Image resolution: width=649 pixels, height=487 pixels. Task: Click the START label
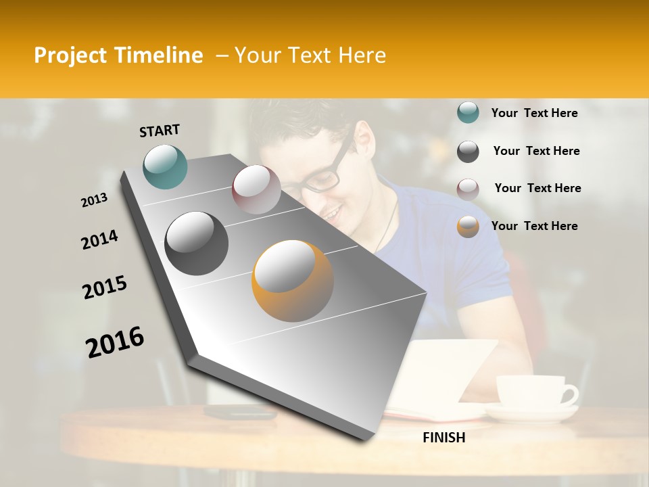point(160,131)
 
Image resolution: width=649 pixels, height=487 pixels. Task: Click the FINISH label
point(443,438)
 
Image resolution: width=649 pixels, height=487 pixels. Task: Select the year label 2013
point(95,200)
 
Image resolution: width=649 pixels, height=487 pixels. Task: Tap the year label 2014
point(99,239)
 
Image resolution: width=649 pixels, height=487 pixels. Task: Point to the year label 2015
point(105,287)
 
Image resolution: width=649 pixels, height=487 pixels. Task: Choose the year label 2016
point(115,342)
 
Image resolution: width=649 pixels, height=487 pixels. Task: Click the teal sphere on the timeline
point(166,166)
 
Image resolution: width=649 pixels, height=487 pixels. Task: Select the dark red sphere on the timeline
point(256,189)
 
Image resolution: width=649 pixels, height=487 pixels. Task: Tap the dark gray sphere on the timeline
point(197,243)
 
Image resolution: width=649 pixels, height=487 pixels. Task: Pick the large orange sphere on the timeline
point(293,281)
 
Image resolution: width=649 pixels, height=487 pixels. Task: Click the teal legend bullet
point(468,113)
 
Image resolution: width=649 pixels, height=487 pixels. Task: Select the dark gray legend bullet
point(468,152)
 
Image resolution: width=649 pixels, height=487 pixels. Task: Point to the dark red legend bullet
point(468,189)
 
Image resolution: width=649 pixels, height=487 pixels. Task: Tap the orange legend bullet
point(468,227)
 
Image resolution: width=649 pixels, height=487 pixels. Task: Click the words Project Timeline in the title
point(118,55)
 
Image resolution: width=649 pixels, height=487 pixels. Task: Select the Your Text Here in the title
point(310,55)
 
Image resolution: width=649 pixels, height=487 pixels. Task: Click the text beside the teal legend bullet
point(534,113)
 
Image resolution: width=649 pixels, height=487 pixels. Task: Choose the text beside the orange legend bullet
point(534,226)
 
